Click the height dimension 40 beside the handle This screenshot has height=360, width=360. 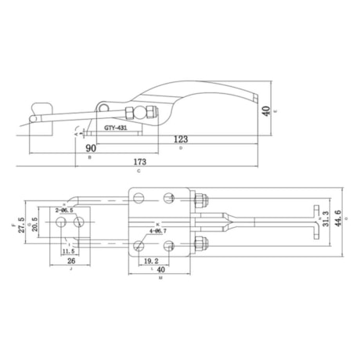point(267,110)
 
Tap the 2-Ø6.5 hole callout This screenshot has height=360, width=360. point(65,211)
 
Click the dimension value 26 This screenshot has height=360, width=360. point(70,261)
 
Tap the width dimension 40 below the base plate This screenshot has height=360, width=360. point(160,268)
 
